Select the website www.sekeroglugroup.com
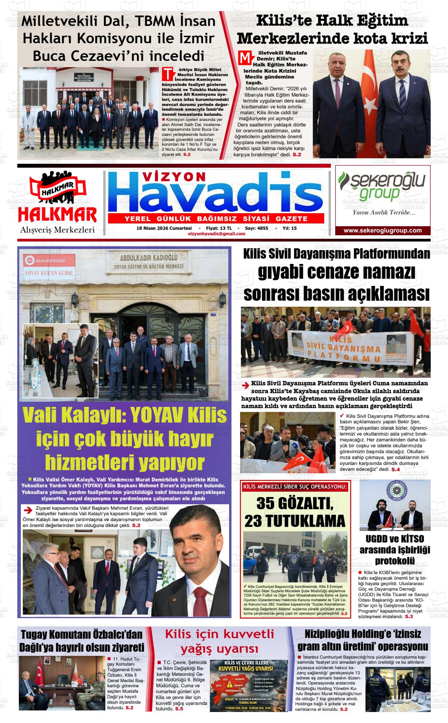[382, 231]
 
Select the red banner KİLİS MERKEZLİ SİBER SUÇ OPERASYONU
[295, 487]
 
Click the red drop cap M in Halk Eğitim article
[244, 58]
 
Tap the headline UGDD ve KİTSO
[394, 538]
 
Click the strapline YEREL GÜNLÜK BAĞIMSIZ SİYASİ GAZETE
[216, 219]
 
